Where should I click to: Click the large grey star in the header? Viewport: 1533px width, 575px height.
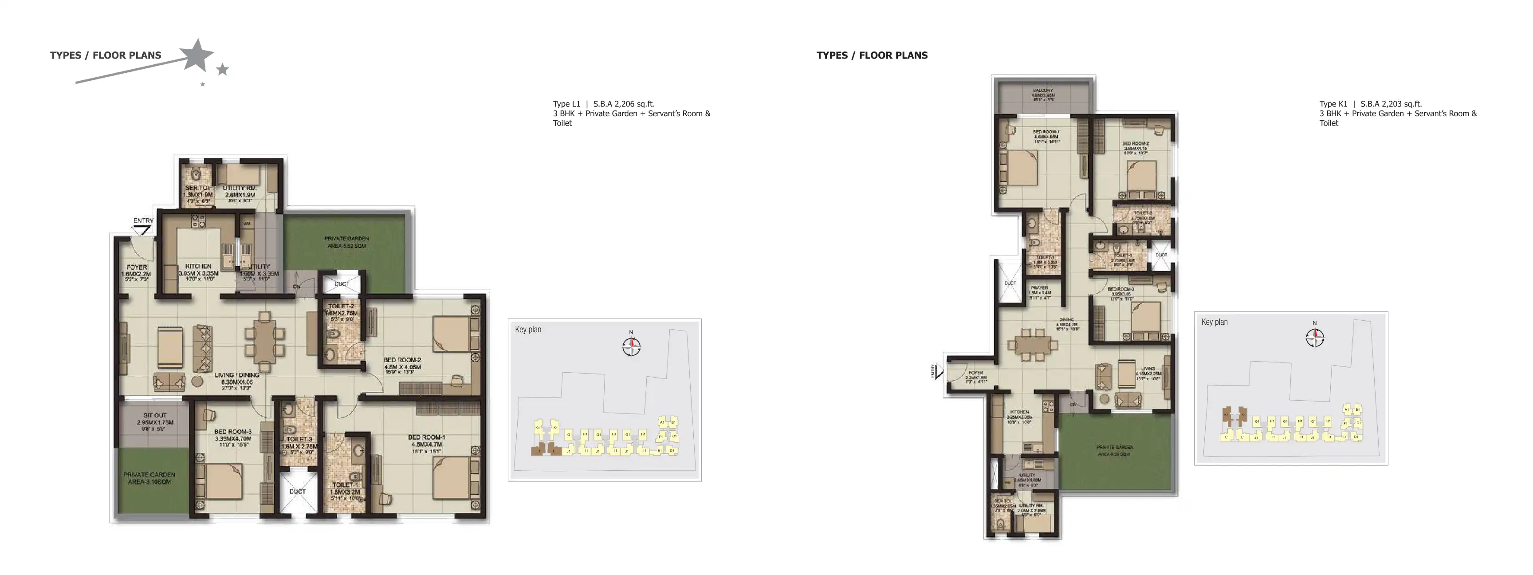point(197,55)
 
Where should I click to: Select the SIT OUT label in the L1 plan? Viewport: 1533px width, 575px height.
point(155,415)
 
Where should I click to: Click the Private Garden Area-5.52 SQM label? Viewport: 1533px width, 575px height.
point(346,242)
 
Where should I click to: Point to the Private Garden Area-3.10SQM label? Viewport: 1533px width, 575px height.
point(149,478)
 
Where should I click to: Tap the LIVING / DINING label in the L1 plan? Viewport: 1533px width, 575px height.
point(237,375)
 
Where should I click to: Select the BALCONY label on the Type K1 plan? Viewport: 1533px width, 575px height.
point(1043,91)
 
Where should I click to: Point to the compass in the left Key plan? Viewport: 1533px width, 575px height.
point(631,346)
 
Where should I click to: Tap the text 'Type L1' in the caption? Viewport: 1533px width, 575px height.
point(566,103)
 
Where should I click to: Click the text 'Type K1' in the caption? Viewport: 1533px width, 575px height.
point(1333,103)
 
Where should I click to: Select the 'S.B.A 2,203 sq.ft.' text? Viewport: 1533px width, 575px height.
point(1391,103)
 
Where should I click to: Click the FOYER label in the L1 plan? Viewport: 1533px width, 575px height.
point(136,267)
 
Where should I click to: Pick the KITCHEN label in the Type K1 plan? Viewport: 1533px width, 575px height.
point(1019,412)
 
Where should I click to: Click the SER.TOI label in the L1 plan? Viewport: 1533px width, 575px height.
point(197,188)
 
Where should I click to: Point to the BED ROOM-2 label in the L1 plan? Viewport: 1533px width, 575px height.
point(402,359)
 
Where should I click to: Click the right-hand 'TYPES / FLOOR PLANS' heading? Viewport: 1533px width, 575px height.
point(872,55)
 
